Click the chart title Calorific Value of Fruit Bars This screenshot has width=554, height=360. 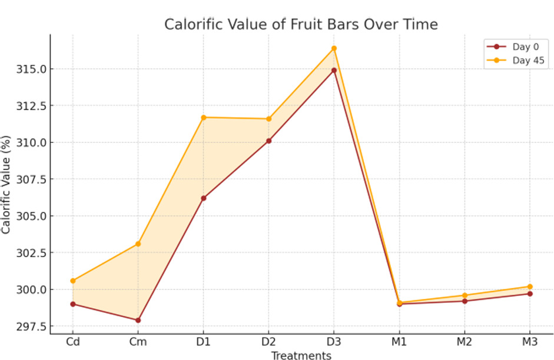click(x=301, y=25)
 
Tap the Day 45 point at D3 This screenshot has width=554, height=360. click(x=334, y=48)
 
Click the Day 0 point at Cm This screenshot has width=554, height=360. click(x=138, y=320)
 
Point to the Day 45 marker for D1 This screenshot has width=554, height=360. click(x=204, y=117)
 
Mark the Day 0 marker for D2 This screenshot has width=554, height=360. click(x=268, y=141)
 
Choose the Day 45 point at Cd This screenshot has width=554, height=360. click(x=72, y=281)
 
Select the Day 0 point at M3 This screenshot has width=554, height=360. click(x=530, y=294)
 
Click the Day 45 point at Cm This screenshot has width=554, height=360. click(x=138, y=244)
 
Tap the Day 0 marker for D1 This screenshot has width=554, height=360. click(x=204, y=198)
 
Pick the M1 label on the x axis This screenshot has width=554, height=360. click(x=399, y=342)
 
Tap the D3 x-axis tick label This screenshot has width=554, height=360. click(x=334, y=342)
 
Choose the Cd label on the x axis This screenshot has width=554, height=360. click(x=72, y=342)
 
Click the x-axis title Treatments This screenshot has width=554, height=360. click(x=301, y=355)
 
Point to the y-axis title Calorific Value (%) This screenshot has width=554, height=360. click(x=6, y=184)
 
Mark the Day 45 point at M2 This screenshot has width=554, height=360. click(x=465, y=295)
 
